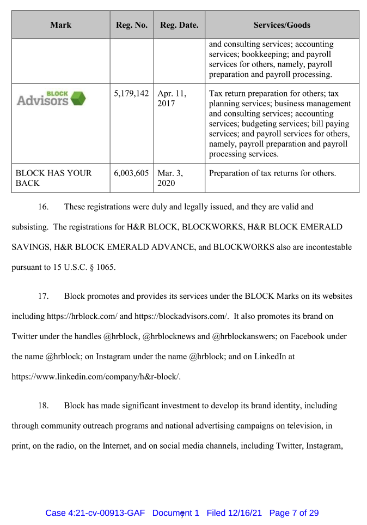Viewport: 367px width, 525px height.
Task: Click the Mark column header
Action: coord(60,25)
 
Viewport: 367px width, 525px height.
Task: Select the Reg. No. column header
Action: coord(131,25)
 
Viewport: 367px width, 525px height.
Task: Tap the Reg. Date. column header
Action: coord(179,25)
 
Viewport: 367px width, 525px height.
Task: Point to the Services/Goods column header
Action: coord(282,25)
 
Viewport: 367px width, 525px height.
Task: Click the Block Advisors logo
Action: coord(51,99)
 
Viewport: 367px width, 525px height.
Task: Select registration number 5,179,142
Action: coord(131,94)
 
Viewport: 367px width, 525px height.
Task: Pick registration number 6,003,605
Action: coord(131,173)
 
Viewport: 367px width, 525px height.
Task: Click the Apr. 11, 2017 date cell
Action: coord(172,99)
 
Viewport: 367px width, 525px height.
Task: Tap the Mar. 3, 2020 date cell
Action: coord(170,178)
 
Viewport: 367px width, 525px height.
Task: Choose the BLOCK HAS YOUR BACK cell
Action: coord(53,178)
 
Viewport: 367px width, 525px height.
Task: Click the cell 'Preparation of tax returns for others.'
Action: coord(272,173)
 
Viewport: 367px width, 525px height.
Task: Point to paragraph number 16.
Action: coord(43,207)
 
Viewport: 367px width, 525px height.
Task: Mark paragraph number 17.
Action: coord(43,297)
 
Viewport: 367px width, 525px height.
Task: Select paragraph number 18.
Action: coord(43,406)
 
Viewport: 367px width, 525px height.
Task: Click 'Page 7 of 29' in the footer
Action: coord(294,513)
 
